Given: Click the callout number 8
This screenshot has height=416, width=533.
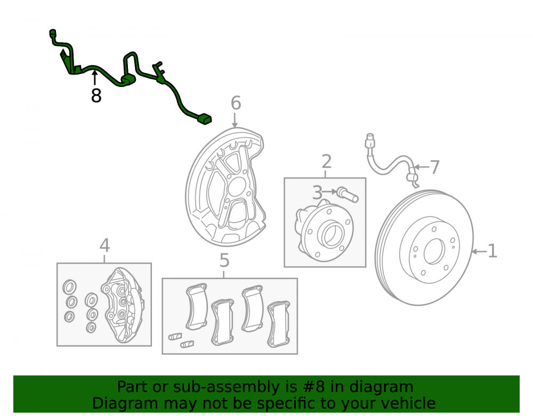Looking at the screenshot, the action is tap(96, 96).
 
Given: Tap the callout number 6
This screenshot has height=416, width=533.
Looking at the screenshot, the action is tap(236, 103).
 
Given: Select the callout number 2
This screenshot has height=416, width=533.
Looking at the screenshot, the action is tap(326, 161).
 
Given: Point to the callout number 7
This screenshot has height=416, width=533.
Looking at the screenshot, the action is tap(435, 167).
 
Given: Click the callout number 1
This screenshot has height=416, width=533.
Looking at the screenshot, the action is tap(492, 251).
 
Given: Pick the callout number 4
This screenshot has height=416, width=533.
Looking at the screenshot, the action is tap(104, 246).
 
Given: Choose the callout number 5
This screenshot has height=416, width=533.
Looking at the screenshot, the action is tap(224, 260).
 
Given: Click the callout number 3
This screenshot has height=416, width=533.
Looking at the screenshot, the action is tap(317, 193).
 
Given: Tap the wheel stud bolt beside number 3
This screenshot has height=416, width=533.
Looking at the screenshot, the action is tap(348, 194).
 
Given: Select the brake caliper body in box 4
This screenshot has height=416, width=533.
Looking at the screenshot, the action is tap(122, 305).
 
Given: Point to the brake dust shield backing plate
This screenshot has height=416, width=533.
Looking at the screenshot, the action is tap(226, 187).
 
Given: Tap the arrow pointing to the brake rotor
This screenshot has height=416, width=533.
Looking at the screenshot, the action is tap(479, 251).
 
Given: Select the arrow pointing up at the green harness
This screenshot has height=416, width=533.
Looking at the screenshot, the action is tap(95, 77).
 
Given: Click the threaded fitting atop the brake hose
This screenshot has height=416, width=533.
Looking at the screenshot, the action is tap(369, 141).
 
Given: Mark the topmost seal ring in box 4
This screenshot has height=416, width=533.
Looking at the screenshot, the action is tap(69, 288).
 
